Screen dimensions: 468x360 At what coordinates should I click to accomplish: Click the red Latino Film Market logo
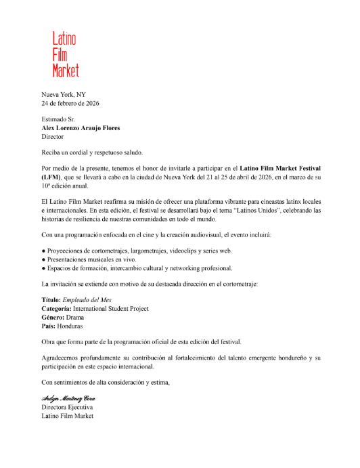click(x=66, y=54)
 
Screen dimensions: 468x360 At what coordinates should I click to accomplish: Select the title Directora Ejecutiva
click(x=67, y=408)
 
